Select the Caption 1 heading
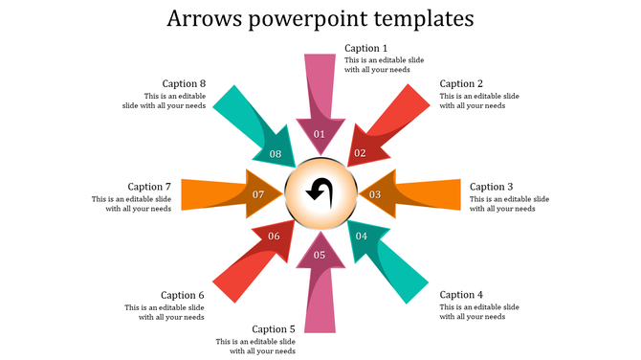tap(366, 48)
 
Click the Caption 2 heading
tap(462, 83)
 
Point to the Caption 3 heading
tap(492, 187)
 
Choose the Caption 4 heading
tap(461, 295)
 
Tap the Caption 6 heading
tap(183, 295)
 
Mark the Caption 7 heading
tap(149, 187)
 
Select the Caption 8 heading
tap(184, 83)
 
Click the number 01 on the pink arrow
tap(320, 134)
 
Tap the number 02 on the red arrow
tap(360, 153)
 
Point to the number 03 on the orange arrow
tap(375, 194)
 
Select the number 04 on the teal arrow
tap(361, 236)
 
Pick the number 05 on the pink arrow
tap(320, 255)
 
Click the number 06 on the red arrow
tap(274, 236)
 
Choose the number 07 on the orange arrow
tap(258, 194)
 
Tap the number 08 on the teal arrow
tap(276, 154)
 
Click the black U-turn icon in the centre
tap(320, 192)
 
